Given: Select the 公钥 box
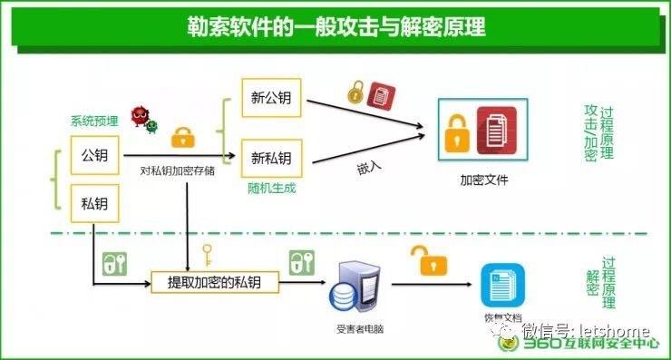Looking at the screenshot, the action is click(94, 156).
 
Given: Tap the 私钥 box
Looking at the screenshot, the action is click(94, 202).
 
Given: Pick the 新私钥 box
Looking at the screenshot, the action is click(271, 159).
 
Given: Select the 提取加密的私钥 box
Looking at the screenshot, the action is click(214, 283).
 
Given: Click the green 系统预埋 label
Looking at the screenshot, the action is click(94, 121).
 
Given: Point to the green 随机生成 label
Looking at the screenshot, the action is click(271, 188).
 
